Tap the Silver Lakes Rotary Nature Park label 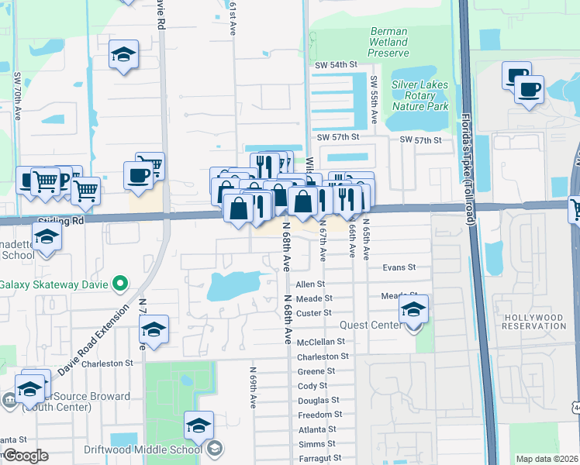click(420, 95)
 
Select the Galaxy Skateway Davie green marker click(119, 284)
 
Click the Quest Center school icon click(413, 311)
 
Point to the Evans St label click(399, 267)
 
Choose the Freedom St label click(317, 415)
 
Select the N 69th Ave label click(253, 387)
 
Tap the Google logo click(25, 456)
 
